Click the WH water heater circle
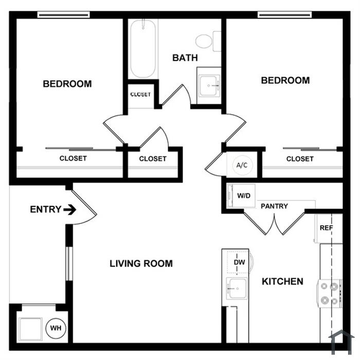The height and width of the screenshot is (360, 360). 56,328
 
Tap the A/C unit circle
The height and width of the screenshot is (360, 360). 242,165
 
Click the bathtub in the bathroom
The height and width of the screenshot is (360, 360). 143,49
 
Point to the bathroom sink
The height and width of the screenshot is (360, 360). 209,86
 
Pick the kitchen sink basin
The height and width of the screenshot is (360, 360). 237,289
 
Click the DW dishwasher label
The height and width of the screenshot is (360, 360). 239,262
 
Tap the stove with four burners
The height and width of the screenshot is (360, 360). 330,294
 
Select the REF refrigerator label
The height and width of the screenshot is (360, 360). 326,228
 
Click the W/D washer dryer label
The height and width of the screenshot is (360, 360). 244,196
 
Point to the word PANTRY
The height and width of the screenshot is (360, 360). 274,206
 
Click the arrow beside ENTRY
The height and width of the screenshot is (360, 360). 70,210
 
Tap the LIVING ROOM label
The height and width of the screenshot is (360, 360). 141,263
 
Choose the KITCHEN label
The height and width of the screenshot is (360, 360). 283,281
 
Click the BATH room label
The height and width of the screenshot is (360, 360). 185,58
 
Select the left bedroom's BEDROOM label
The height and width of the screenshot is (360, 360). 67,84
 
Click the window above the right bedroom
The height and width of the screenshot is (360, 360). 285,15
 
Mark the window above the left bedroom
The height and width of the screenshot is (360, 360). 64,15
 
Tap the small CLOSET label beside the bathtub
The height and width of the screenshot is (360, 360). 140,94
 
